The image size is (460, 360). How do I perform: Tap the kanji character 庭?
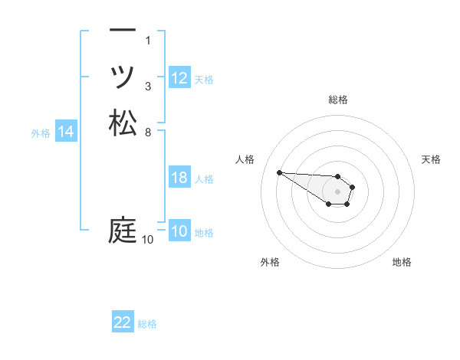123,230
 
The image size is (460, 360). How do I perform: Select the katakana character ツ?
123,77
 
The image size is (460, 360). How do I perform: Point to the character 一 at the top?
123,31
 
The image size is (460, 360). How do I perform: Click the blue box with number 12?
179,78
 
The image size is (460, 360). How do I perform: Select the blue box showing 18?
179,178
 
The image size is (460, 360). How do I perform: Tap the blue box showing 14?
66,133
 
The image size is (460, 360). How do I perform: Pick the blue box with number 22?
123,322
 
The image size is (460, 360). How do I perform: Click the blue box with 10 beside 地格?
179,231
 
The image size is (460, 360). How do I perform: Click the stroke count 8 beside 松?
148,132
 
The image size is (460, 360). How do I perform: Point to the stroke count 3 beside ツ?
148,86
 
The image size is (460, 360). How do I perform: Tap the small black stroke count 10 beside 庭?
147,240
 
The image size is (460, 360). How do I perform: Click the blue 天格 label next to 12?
204,79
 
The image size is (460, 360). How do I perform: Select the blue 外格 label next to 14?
41,133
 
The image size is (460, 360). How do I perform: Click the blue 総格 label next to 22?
147,324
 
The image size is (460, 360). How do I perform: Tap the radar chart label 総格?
338,100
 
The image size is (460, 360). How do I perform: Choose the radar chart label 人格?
245,159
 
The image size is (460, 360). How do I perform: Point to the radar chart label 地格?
402,262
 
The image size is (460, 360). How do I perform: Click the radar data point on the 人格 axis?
279,172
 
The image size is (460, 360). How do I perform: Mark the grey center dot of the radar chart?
337,191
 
